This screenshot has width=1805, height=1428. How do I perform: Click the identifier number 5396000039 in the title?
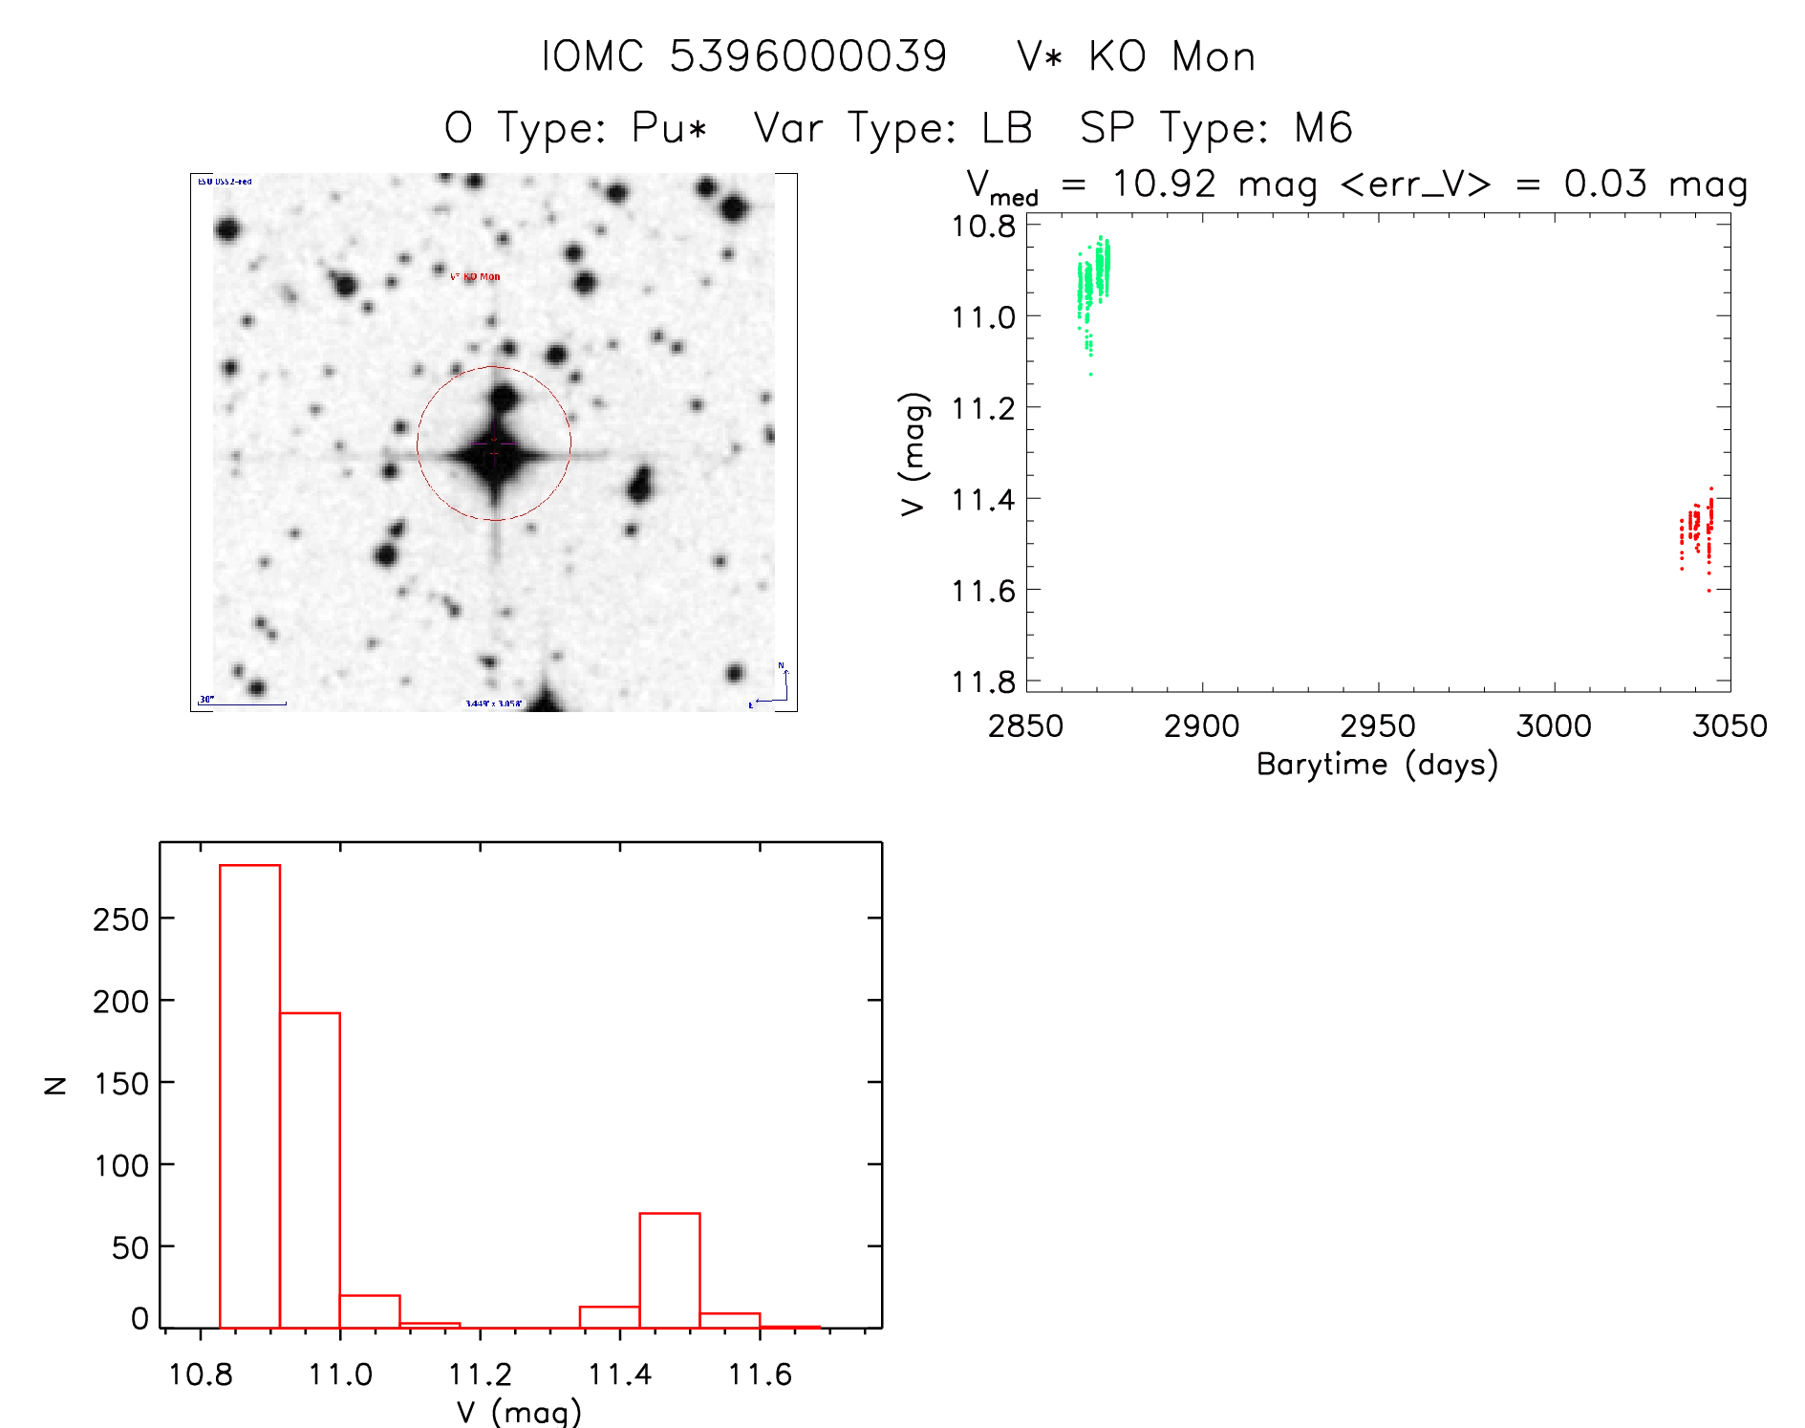pos(807,56)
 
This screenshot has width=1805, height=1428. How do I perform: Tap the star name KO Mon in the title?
pos(1171,57)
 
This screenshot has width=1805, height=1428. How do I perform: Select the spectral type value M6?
pos(1323,128)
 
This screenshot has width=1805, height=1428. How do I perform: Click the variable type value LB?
pos(1007,128)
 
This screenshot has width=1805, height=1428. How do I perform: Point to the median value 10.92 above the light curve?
pos(1164,184)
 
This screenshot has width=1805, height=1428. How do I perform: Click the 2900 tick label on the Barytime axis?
pos(1201,726)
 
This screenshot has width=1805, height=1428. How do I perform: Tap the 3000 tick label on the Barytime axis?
pos(1554,726)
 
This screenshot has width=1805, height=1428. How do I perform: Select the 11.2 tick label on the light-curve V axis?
pos(983,408)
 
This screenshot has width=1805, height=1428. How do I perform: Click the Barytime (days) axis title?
pos(1377,765)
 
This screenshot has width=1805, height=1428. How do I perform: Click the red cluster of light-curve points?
pos(1697,530)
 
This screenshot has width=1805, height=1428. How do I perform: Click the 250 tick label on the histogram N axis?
pos(120,920)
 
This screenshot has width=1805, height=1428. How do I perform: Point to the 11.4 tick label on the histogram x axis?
pos(619,1374)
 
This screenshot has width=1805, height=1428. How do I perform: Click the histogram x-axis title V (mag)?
pos(519,1411)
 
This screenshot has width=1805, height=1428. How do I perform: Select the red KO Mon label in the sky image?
pos(475,277)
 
